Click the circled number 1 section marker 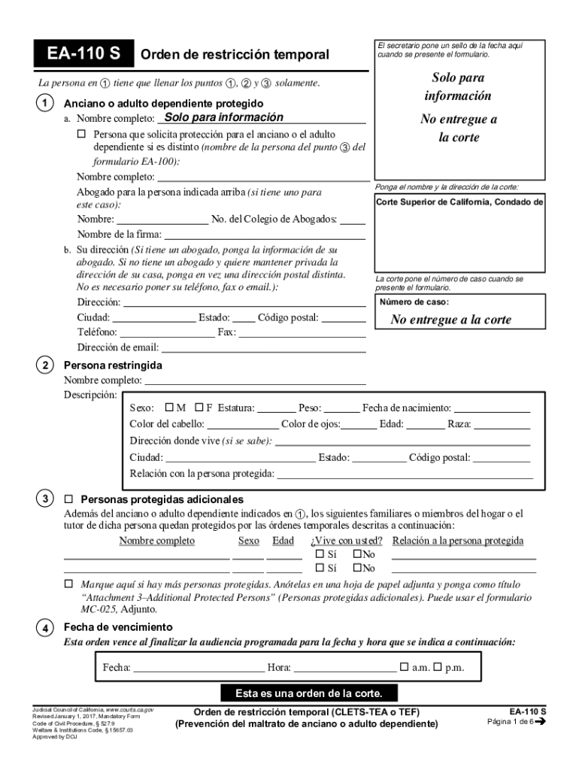tap(47, 103)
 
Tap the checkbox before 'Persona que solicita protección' tap(82, 134)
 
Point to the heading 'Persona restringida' tap(113, 365)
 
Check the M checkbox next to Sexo tap(169, 408)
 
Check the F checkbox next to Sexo tap(199, 408)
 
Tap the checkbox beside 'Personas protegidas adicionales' tap(68, 499)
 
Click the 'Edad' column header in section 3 tap(283, 541)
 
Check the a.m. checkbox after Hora tap(405, 667)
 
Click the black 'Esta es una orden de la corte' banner tap(308, 693)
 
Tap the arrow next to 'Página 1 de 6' tap(539, 722)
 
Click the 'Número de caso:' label tap(414, 302)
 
